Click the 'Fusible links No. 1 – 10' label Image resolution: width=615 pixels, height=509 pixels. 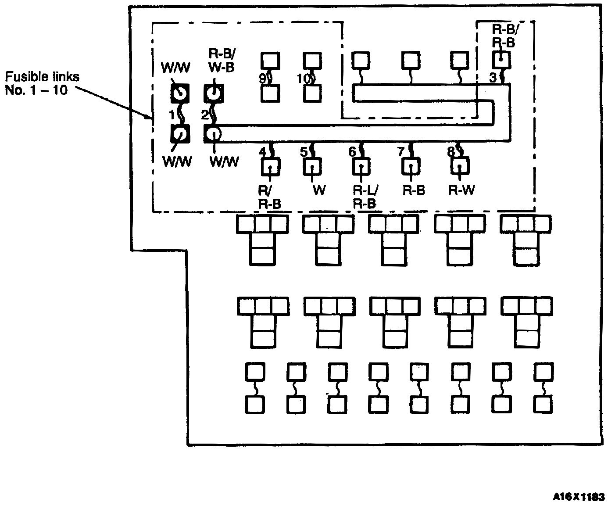click(x=42, y=83)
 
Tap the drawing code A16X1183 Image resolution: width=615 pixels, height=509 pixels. click(x=579, y=497)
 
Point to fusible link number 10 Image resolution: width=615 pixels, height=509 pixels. click(x=303, y=79)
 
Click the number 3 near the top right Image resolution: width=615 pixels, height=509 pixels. click(x=493, y=78)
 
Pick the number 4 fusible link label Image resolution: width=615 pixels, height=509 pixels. click(x=262, y=152)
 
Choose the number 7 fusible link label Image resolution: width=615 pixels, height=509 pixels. click(x=400, y=152)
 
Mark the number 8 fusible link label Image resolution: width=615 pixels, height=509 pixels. click(x=451, y=152)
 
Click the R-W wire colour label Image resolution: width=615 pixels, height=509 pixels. click(x=461, y=190)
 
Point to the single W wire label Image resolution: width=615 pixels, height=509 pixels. click(x=319, y=190)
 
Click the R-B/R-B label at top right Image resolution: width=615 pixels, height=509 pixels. click(x=504, y=36)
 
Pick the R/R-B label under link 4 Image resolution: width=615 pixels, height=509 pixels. click(x=269, y=197)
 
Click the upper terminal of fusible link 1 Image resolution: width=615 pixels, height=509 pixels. click(x=179, y=93)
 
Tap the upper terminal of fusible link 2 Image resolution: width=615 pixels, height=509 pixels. click(x=214, y=93)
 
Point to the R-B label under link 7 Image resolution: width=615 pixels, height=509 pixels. click(x=414, y=190)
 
